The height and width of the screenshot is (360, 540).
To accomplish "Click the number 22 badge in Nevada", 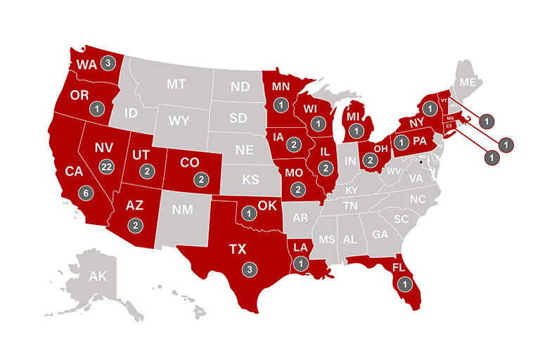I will point(107,166).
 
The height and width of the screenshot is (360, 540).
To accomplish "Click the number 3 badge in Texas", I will point(247,269).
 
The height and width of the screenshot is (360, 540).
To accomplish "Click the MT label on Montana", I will point(176,84).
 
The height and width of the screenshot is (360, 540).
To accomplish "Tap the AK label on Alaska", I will point(97,277).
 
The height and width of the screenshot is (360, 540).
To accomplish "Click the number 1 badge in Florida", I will point(404,284).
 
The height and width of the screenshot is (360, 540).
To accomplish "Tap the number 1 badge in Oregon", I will point(97,109).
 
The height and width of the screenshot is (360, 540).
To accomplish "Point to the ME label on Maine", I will point(467,82).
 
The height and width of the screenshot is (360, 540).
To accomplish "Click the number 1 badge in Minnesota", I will point(281,105).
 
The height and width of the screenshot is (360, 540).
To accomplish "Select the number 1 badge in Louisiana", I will point(301,264).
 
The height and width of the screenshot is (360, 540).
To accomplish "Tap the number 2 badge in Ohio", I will point(370,160).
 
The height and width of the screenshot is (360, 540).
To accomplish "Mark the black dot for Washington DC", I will point(420,162).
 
